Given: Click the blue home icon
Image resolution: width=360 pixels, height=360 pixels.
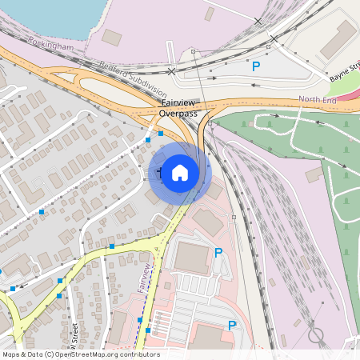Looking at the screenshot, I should point(180,172).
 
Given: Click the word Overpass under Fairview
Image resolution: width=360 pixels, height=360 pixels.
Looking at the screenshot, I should point(178,114).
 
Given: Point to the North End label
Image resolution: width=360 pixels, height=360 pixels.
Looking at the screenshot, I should point(318,99).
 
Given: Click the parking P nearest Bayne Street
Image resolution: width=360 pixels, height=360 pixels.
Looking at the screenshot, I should point(256,67).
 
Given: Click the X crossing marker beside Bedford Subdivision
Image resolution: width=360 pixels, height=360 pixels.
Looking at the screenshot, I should point(172,71).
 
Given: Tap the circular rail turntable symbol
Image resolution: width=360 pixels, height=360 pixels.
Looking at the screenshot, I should point(317,334).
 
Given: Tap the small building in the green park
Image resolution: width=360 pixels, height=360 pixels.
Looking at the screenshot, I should point(314,174).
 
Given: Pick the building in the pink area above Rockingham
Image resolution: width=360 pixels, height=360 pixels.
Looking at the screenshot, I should point(111,37).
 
